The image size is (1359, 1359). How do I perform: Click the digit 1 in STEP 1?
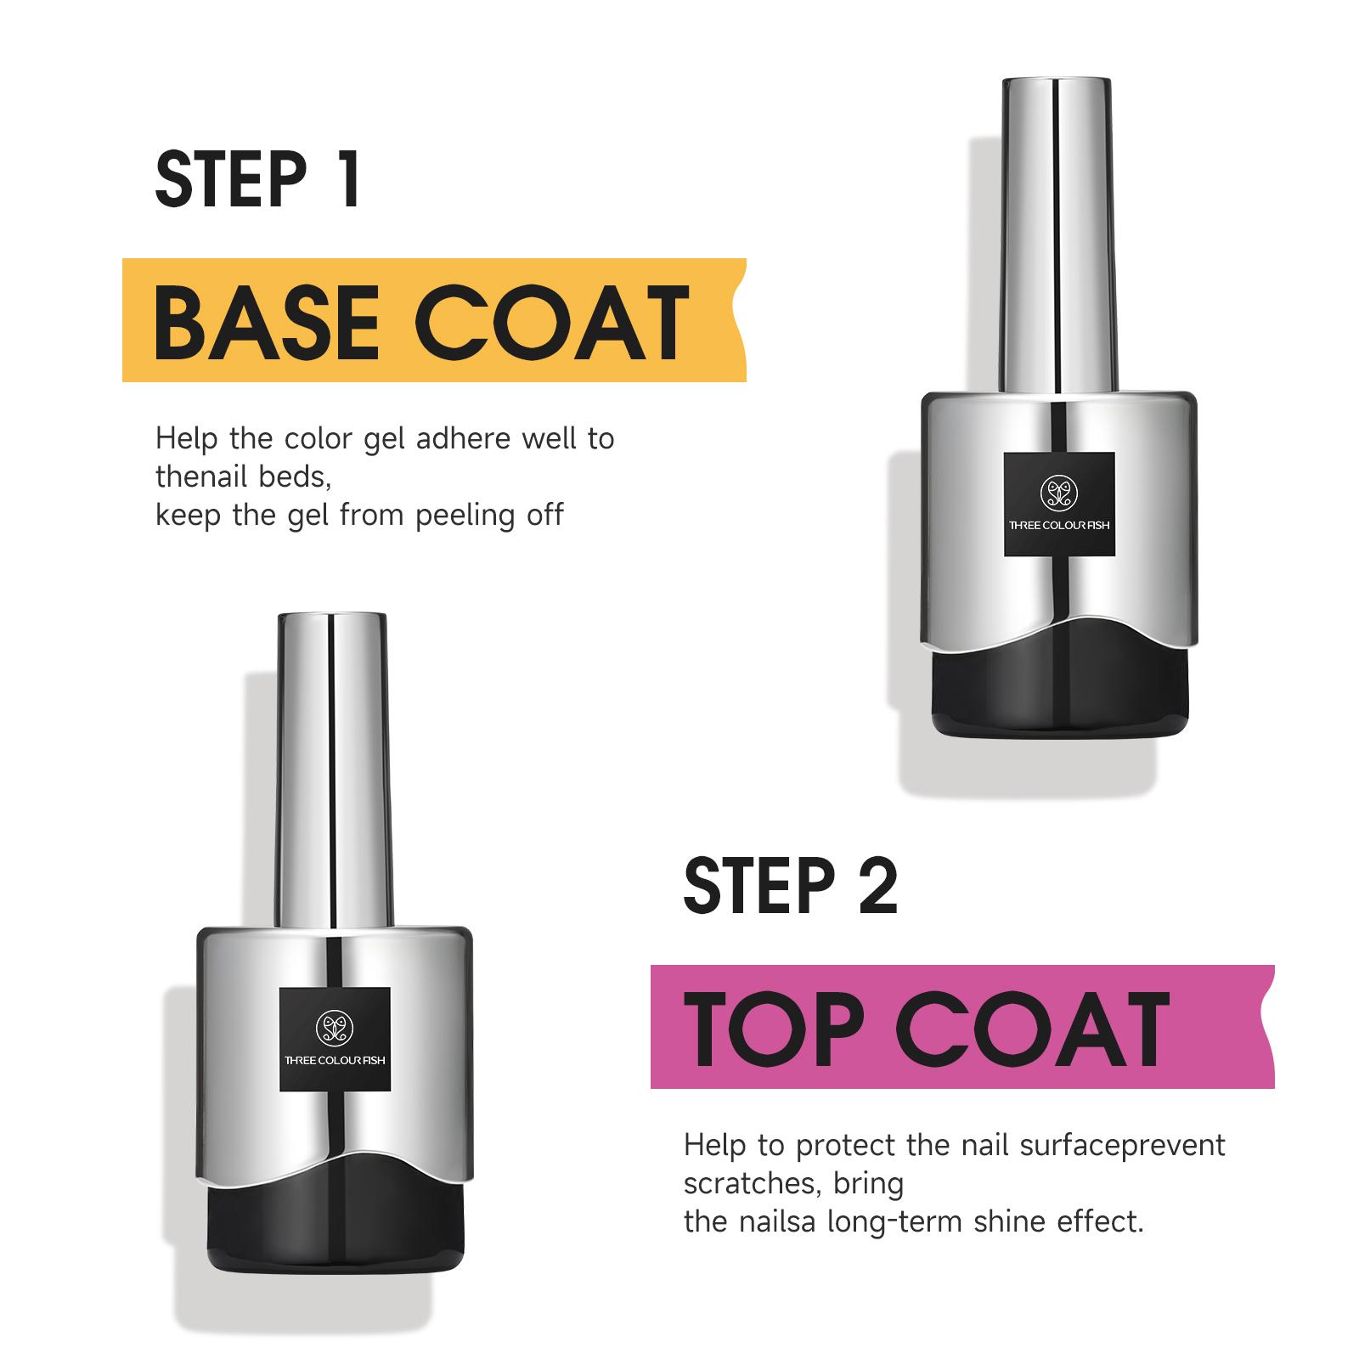[x=347, y=179]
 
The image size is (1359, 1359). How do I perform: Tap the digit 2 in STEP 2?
[x=877, y=886]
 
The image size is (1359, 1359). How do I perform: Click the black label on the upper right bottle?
[x=1059, y=505]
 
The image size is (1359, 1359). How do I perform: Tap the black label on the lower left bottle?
[x=335, y=1040]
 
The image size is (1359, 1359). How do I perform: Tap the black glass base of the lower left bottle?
[x=335, y=1232]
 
